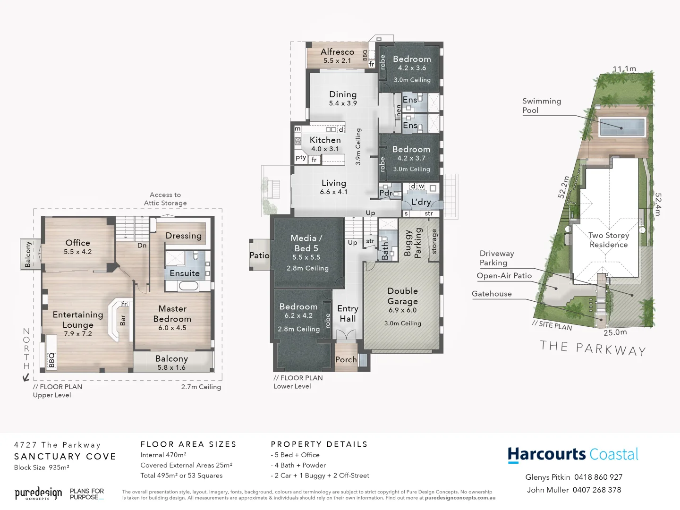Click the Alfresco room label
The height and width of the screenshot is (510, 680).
point(337,52)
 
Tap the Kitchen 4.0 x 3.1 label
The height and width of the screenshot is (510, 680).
point(325,144)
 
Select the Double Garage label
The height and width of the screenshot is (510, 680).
point(403,296)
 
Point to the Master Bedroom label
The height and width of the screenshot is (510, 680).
point(172,314)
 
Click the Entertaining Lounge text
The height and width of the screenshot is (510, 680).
point(78,320)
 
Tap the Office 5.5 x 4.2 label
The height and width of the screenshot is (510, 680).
point(78,246)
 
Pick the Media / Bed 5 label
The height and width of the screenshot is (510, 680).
point(306,243)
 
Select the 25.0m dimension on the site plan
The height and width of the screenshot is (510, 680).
point(615,332)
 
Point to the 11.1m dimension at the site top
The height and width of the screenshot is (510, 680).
point(624,69)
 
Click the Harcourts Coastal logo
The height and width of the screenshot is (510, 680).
point(573,455)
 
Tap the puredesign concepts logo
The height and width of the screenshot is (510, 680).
point(38,494)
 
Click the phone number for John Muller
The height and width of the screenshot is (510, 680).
point(597,490)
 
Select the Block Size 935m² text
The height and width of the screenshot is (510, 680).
point(42,467)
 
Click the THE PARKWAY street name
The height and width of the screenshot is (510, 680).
point(593,348)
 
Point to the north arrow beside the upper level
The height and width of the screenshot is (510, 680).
point(26,377)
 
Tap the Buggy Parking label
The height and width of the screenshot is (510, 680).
point(413,243)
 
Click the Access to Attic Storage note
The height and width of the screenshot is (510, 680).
point(165,199)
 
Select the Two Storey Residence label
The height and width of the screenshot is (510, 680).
point(608,240)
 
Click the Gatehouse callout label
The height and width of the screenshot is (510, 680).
point(492,294)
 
